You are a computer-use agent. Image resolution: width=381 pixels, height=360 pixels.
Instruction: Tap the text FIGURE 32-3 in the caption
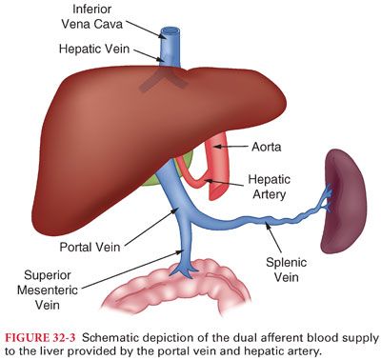click(39, 334)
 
